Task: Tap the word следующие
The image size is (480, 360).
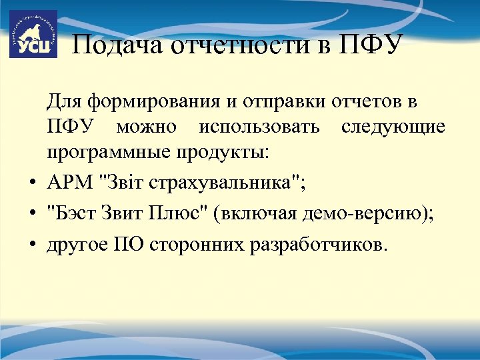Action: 393,127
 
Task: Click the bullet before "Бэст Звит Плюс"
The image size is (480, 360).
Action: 32,214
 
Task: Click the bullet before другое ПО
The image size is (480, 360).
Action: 32,246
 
